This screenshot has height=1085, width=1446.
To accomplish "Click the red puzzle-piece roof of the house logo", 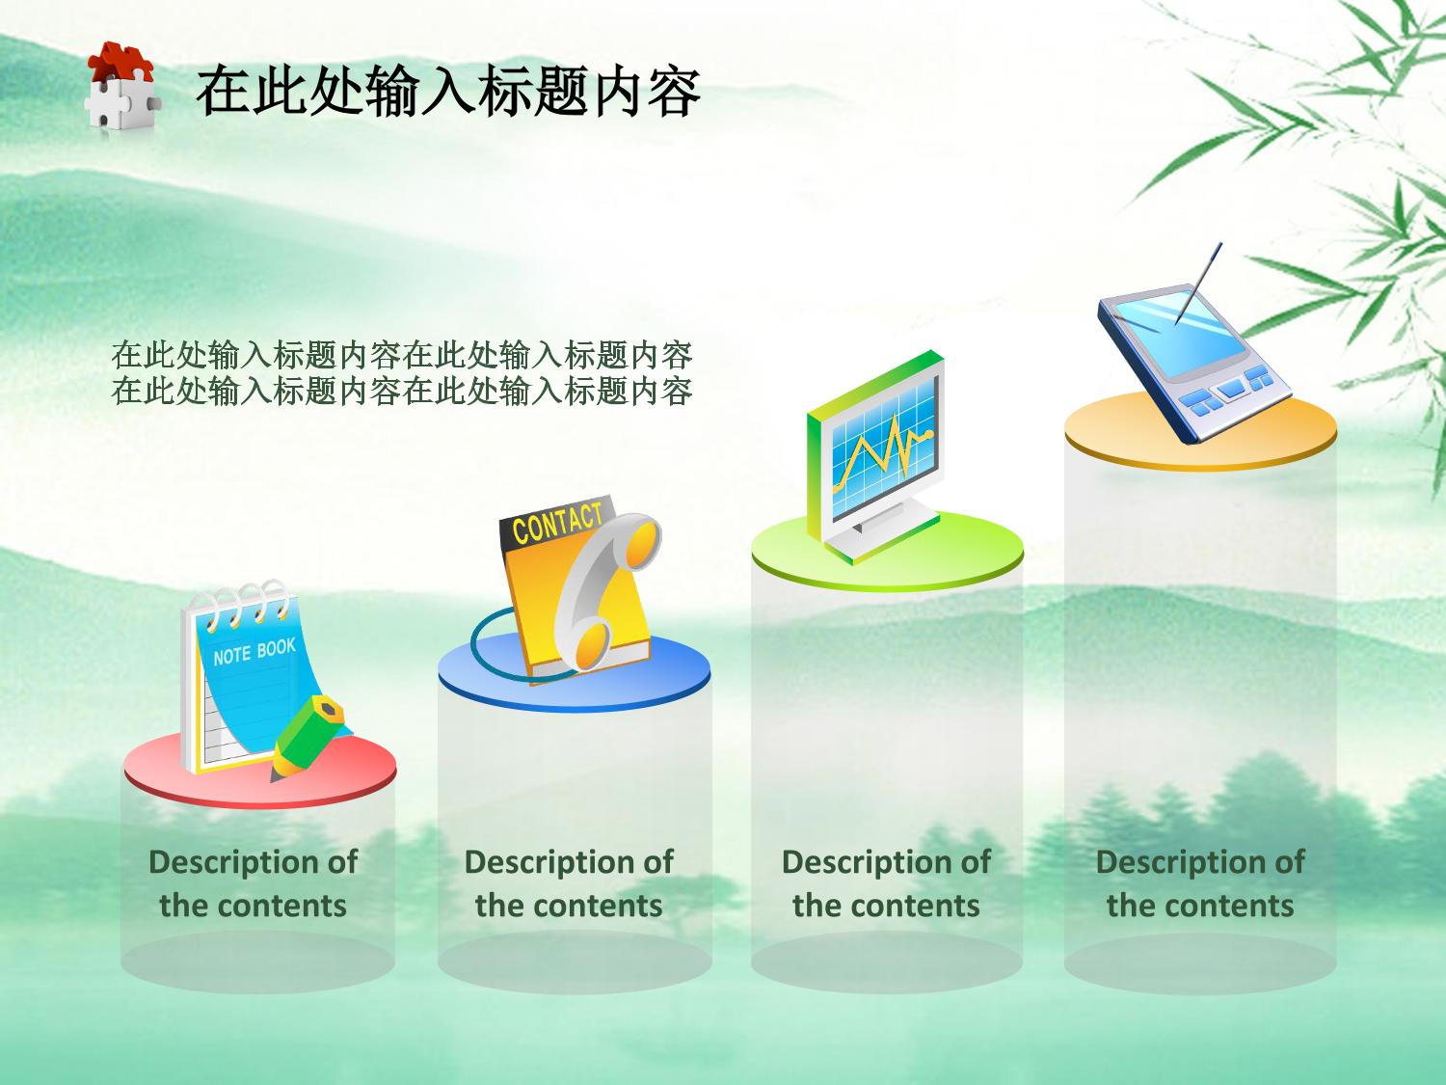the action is tap(120, 61).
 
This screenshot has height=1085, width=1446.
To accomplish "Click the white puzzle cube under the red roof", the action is tap(122, 102).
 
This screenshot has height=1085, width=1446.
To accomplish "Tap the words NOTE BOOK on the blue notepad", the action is tap(254, 651).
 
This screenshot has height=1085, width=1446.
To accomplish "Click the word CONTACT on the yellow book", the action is tap(557, 523).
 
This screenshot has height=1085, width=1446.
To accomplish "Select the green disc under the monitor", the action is tap(888, 554).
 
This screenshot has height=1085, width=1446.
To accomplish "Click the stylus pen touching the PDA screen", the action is tap(1198, 284).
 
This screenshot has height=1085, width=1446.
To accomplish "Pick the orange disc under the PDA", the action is tap(1200, 431).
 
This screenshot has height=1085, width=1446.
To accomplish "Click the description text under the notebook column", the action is tap(253, 883).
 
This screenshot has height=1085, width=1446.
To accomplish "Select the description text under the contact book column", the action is tap(569, 883).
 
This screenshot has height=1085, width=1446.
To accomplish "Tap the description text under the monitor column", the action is tap(886, 883).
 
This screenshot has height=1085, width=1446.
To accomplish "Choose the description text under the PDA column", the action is tap(1199, 883).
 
